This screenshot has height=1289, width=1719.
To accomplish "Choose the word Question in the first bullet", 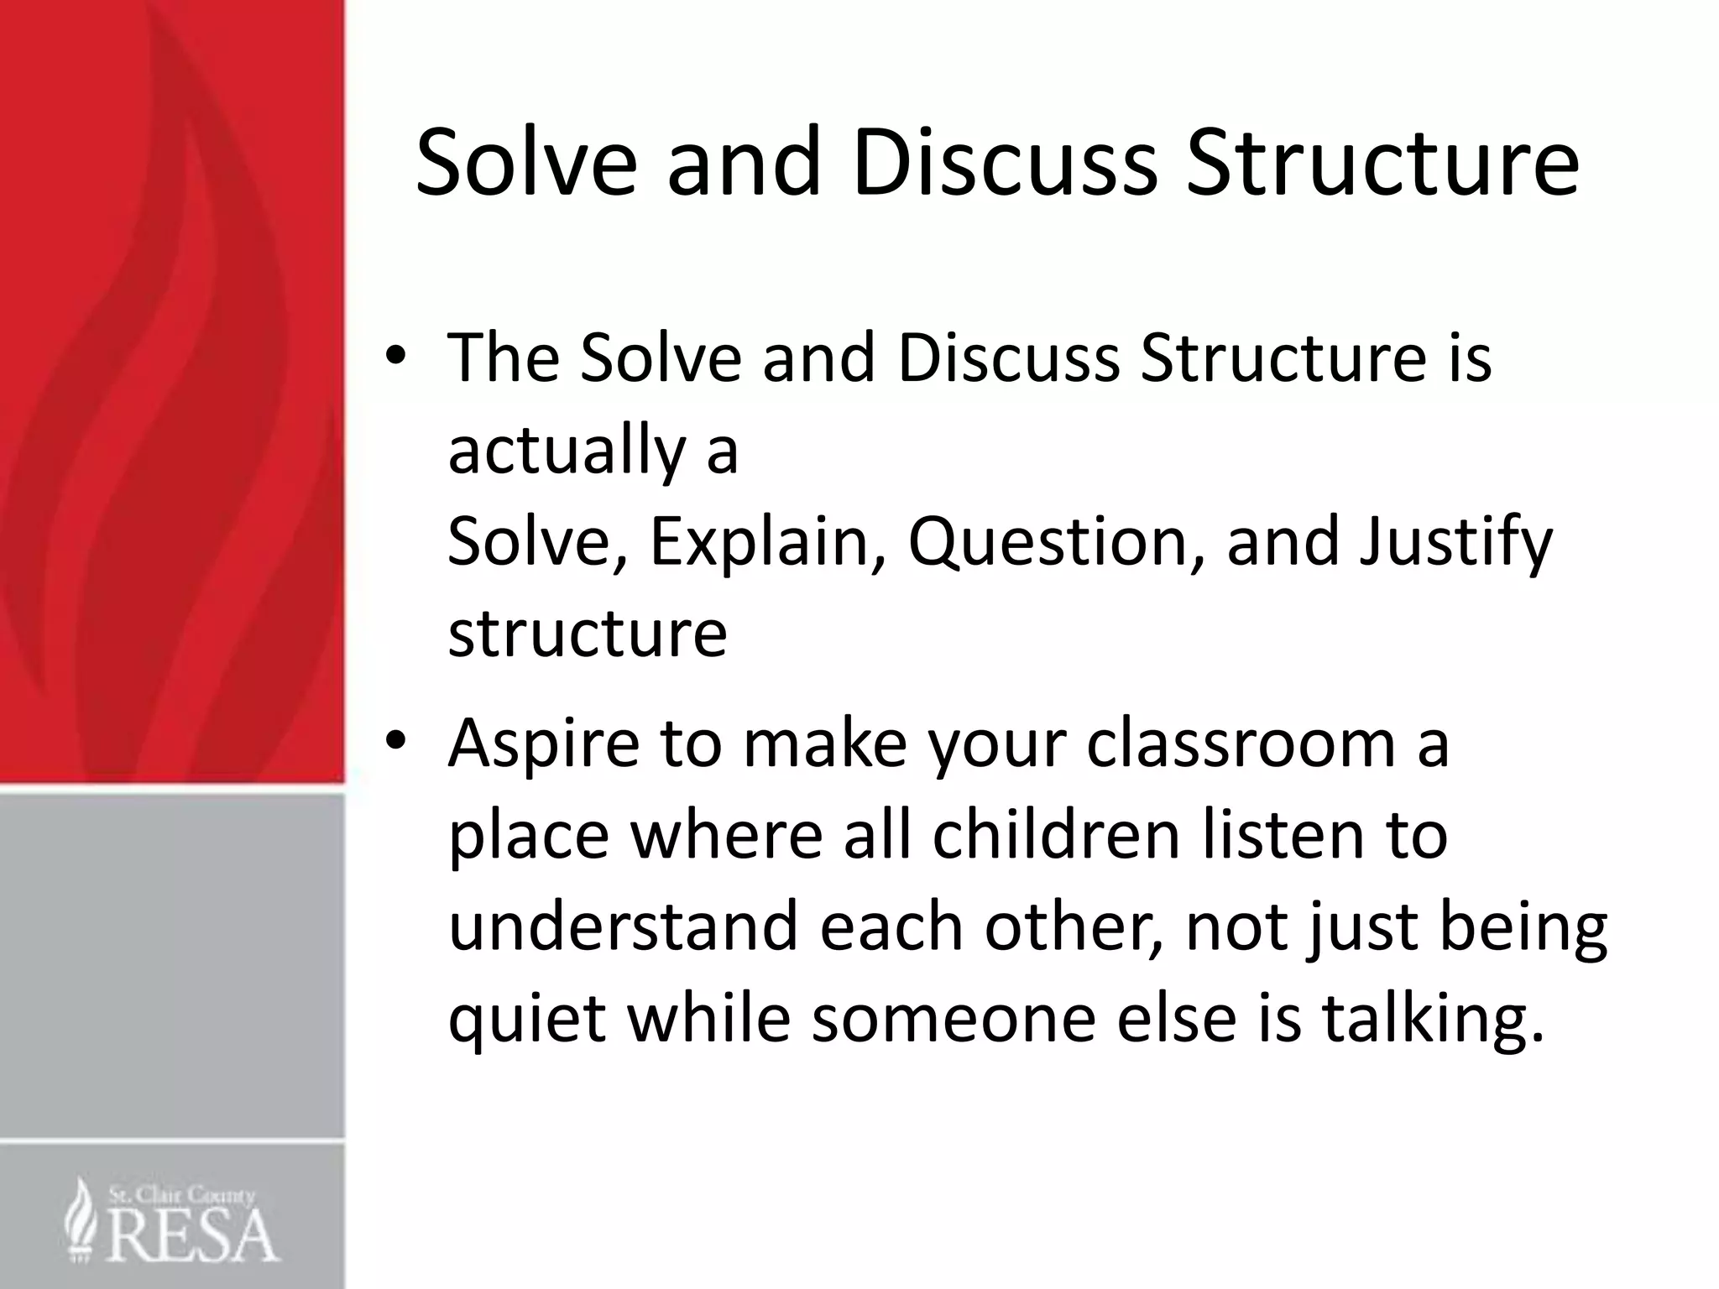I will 1059,543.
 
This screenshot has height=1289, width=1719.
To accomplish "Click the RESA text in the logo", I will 193,1234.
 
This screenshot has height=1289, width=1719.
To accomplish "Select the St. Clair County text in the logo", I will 181,1195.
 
